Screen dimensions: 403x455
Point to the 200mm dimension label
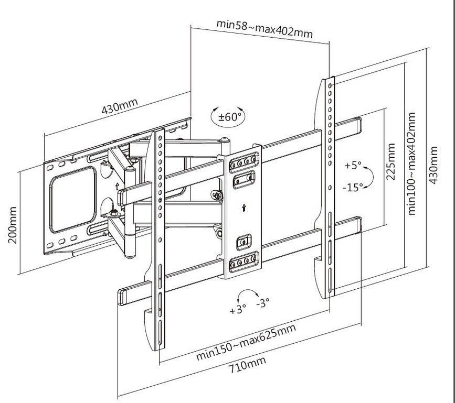pos(12,224)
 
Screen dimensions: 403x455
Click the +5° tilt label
pos(353,165)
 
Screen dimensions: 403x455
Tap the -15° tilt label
pos(353,187)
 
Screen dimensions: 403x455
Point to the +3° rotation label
pos(237,309)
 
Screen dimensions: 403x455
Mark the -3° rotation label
pos(262,303)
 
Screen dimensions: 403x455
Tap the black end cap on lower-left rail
pos(121,296)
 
